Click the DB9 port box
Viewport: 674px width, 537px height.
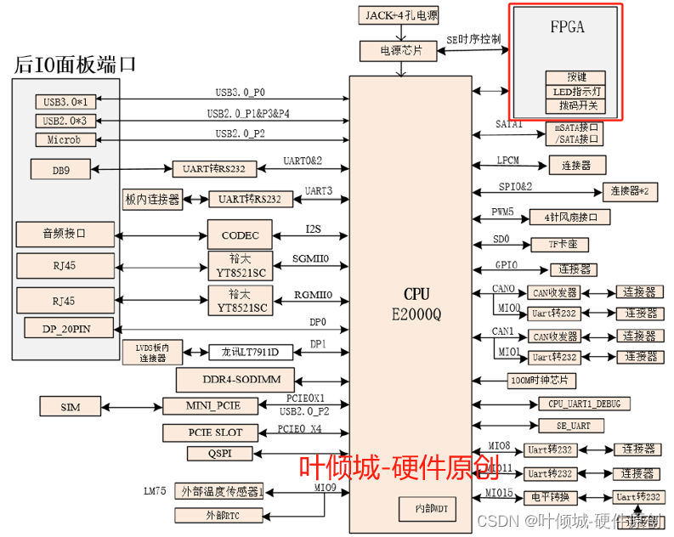tap(61, 170)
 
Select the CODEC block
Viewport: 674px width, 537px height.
tap(238, 235)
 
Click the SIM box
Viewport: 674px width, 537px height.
tap(71, 407)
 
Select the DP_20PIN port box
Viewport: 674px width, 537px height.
tap(65, 328)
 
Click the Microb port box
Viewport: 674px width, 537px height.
tap(65, 139)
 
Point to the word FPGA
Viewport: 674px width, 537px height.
tap(567, 27)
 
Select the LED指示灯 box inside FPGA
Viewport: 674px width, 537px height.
tap(577, 92)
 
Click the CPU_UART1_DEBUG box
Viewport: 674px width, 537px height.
tap(582, 403)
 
